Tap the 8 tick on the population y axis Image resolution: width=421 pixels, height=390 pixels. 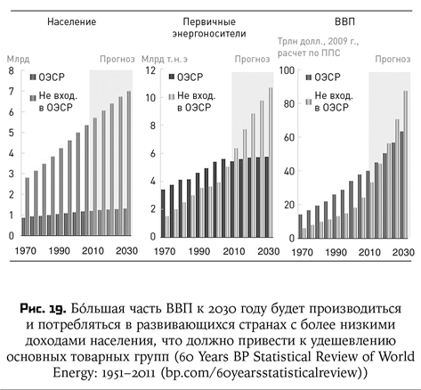pyautogui.click(x=10, y=71)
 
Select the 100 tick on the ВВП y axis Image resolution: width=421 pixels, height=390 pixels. pyautogui.click(x=287, y=71)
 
